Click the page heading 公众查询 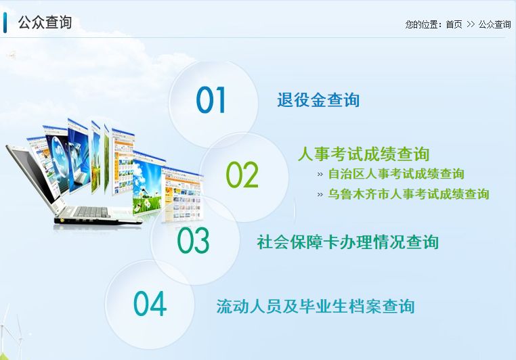coord(45,22)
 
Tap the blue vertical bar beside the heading coord(5,22)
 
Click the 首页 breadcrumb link coord(454,24)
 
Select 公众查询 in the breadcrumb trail coord(494,24)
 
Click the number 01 coord(211,100)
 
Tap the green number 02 coord(242,175)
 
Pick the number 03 coord(193,240)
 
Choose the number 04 coord(150,303)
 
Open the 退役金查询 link coord(318,100)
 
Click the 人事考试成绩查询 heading coord(364,154)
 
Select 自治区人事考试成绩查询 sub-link coord(396,174)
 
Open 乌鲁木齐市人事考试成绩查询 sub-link coord(409,194)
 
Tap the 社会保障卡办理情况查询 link coord(348,242)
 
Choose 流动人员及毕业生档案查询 coord(316,306)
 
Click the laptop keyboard coord(92,212)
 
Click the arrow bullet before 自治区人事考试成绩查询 coord(320,175)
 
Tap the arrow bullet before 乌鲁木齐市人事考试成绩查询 coord(320,195)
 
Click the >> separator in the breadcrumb coord(471,24)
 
